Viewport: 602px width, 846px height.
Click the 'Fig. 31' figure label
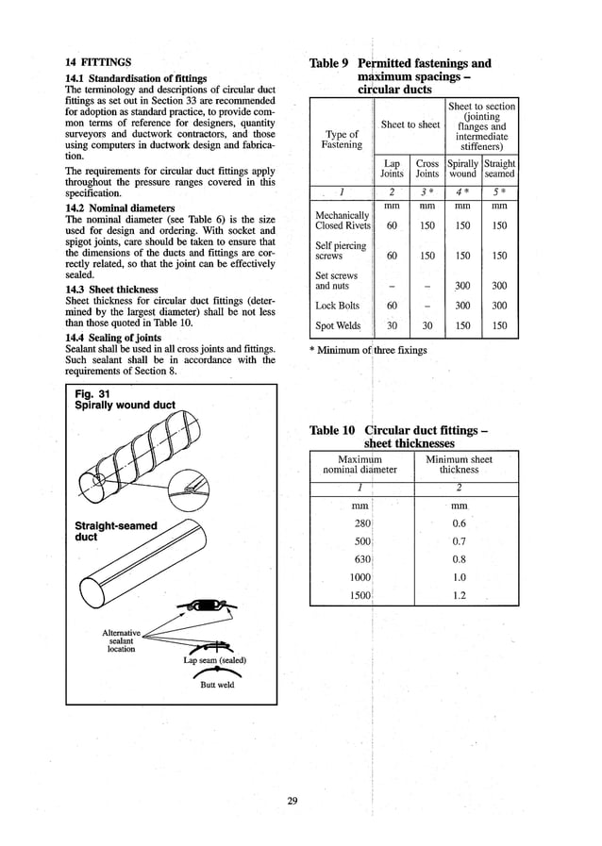pyautogui.click(x=92, y=393)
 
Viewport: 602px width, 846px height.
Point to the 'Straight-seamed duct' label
pyautogui.click(x=115, y=531)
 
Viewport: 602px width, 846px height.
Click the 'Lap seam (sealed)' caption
pyautogui.click(x=214, y=660)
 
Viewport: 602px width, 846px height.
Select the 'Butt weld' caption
pyautogui.click(x=217, y=685)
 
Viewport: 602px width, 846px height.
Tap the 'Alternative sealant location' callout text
pyautogui.click(x=121, y=640)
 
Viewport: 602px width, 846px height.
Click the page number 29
pyautogui.click(x=293, y=801)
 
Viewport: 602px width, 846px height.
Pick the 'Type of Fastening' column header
pyautogui.click(x=341, y=140)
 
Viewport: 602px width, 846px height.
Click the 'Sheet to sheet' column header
pyautogui.click(x=410, y=124)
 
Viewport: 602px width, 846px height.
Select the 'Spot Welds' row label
pyautogui.click(x=338, y=326)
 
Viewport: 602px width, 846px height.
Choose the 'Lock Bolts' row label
pyautogui.click(x=338, y=306)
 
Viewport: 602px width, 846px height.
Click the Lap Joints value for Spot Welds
pyautogui.click(x=392, y=326)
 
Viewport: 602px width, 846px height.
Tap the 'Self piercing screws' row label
pyautogui.click(x=336, y=251)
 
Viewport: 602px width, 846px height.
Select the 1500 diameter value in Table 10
pyautogui.click(x=360, y=596)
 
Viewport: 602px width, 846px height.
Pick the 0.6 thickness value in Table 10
pyautogui.click(x=460, y=523)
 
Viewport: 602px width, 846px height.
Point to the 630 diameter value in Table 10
pyautogui.click(x=360, y=559)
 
